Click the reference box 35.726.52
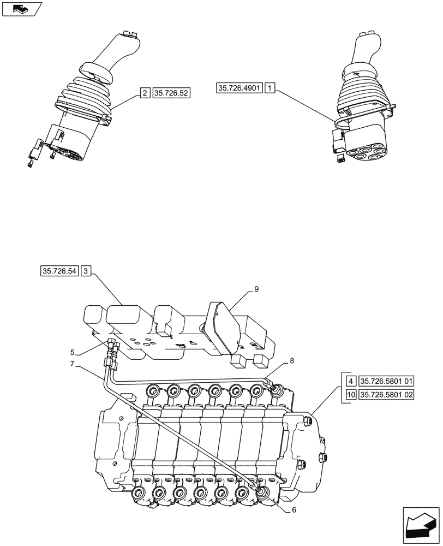tap(171, 93)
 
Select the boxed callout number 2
tap(145, 93)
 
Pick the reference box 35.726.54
tap(59, 271)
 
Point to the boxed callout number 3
tap(87, 271)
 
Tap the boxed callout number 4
tap(352, 380)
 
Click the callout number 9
tap(256, 290)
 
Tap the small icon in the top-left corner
tap(21, 9)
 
